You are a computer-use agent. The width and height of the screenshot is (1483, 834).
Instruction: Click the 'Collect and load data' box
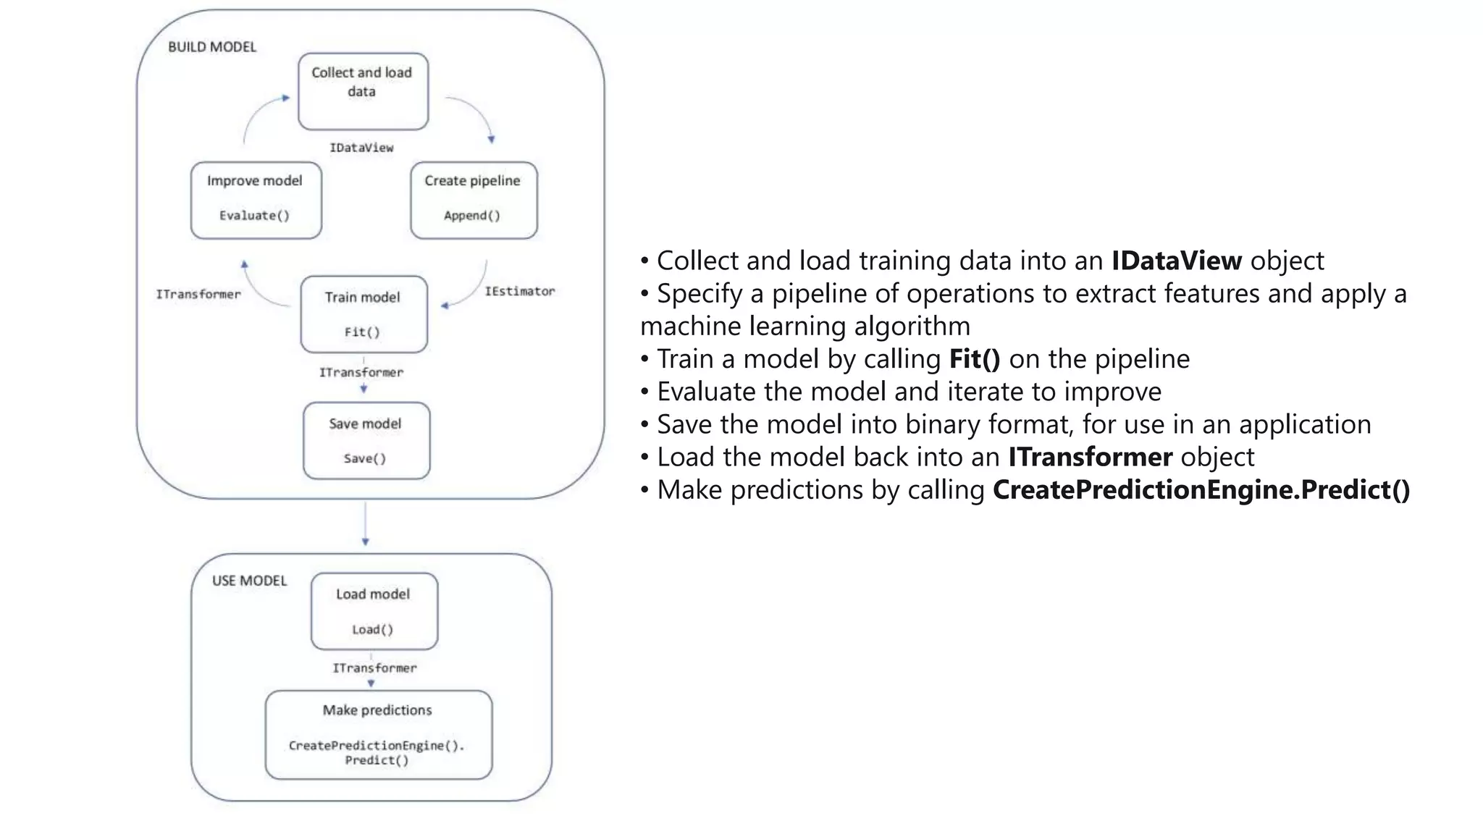click(363, 91)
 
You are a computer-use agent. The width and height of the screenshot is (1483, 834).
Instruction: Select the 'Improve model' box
click(256, 200)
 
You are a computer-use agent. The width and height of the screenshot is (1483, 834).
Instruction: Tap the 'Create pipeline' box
click(474, 200)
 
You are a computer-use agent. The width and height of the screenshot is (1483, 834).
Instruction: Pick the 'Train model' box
click(364, 313)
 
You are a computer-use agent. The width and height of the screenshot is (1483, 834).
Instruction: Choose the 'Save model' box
click(366, 440)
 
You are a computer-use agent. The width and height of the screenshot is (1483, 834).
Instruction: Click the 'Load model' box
click(374, 611)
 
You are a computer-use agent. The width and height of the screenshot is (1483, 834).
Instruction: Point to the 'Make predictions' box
click(378, 734)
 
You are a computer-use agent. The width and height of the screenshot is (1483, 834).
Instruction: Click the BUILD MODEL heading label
click(212, 47)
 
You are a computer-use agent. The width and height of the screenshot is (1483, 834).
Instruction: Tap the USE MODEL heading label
click(249, 581)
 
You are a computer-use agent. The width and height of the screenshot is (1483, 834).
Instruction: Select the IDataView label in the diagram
click(361, 148)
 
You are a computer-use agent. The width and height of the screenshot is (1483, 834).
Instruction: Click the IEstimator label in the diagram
click(519, 291)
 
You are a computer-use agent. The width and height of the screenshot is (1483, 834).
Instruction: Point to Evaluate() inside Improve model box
click(254, 216)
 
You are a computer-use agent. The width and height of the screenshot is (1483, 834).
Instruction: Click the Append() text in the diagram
click(472, 216)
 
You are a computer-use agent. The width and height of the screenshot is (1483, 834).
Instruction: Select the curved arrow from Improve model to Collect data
click(257, 112)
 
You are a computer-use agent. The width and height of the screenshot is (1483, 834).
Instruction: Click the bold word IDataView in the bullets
click(1177, 261)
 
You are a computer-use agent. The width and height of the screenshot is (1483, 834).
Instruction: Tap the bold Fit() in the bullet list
click(975, 359)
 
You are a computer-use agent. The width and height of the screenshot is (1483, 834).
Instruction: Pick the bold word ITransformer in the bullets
click(1090, 458)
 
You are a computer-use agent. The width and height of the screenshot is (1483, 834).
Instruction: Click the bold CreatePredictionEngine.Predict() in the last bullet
click(1201, 490)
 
